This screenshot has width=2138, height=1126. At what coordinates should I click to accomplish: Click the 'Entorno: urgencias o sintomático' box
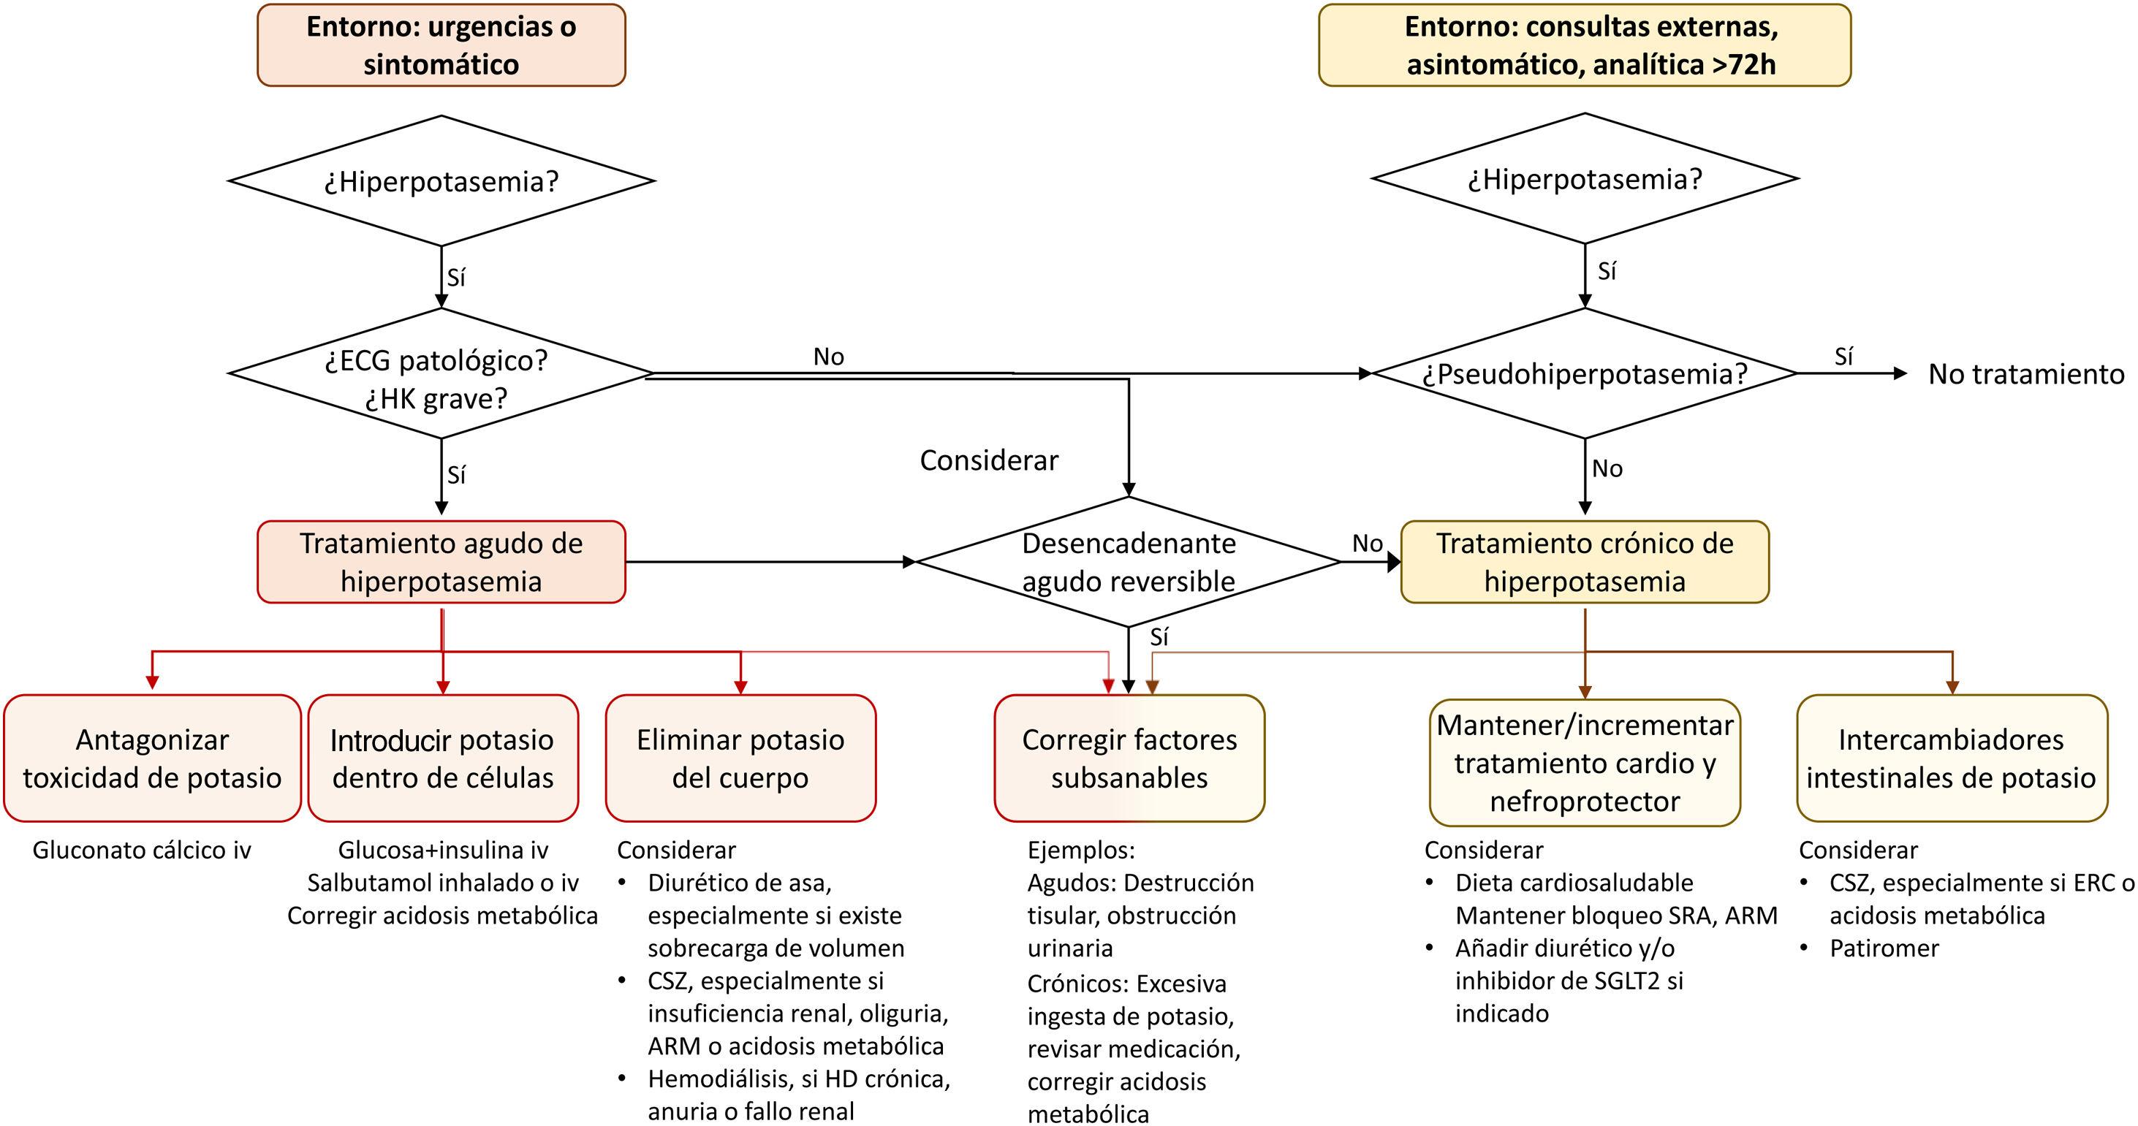coord(441,45)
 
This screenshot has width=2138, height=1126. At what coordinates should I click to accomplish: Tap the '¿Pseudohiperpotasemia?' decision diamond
coord(1585,373)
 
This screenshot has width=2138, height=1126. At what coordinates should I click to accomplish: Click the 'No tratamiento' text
coord(2025,374)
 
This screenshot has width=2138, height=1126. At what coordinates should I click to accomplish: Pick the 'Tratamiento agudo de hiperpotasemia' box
coord(441,562)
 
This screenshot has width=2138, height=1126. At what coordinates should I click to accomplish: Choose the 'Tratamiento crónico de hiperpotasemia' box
coord(1585,562)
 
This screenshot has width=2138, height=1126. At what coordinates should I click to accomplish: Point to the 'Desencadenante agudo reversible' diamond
coord(1128,562)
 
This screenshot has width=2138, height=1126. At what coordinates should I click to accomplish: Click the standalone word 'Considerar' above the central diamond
coord(988,460)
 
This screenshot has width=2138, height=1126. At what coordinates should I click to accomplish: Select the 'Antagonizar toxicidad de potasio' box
coord(152,758)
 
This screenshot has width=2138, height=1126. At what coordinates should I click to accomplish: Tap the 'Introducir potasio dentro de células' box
coord(442,758)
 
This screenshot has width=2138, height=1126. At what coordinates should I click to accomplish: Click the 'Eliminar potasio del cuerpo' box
coord(740,758)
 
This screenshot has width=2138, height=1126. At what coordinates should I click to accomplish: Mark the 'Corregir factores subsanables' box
coord(1129,758)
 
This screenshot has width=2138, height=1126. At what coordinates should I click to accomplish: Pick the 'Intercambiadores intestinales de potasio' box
coord(1952,758)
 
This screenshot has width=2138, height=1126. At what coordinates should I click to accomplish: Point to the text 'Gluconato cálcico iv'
coord(141,850)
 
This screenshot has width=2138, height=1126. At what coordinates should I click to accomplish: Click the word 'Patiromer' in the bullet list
coord(1884,948)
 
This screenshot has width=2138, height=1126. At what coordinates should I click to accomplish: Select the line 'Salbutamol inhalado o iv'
coord(442,882)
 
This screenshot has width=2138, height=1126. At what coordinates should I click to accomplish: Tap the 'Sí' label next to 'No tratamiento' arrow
coord(1843,357)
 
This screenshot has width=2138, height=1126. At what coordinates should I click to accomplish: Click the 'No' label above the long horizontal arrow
coord(828,357)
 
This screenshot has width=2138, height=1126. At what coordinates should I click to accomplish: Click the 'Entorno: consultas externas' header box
coord(1585,45)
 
